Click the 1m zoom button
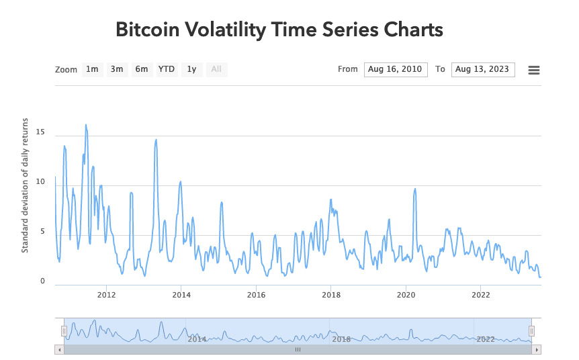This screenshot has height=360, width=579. [92, 69]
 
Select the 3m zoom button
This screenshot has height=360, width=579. [117, 69]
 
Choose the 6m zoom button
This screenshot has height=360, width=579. [141, 69]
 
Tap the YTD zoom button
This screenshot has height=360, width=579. [167, 69]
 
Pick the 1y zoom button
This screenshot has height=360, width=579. [191, 69]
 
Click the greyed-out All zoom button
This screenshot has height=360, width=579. [216, 69]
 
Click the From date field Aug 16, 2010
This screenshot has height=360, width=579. [395, 69]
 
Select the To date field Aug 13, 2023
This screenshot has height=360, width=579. [482, 69]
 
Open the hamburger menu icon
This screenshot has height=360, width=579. [534, 70]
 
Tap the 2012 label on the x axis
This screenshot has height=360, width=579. [107, 294]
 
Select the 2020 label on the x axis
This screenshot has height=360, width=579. [405, 294]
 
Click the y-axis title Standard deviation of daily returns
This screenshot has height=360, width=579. [25, 185]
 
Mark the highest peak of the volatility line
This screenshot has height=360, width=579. [86, 124]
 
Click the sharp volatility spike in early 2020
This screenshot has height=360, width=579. [415, 189]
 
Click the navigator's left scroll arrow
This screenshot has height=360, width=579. [59, 349]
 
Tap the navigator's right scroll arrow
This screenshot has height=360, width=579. [537, 349]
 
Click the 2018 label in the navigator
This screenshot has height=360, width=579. [341, 339]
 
